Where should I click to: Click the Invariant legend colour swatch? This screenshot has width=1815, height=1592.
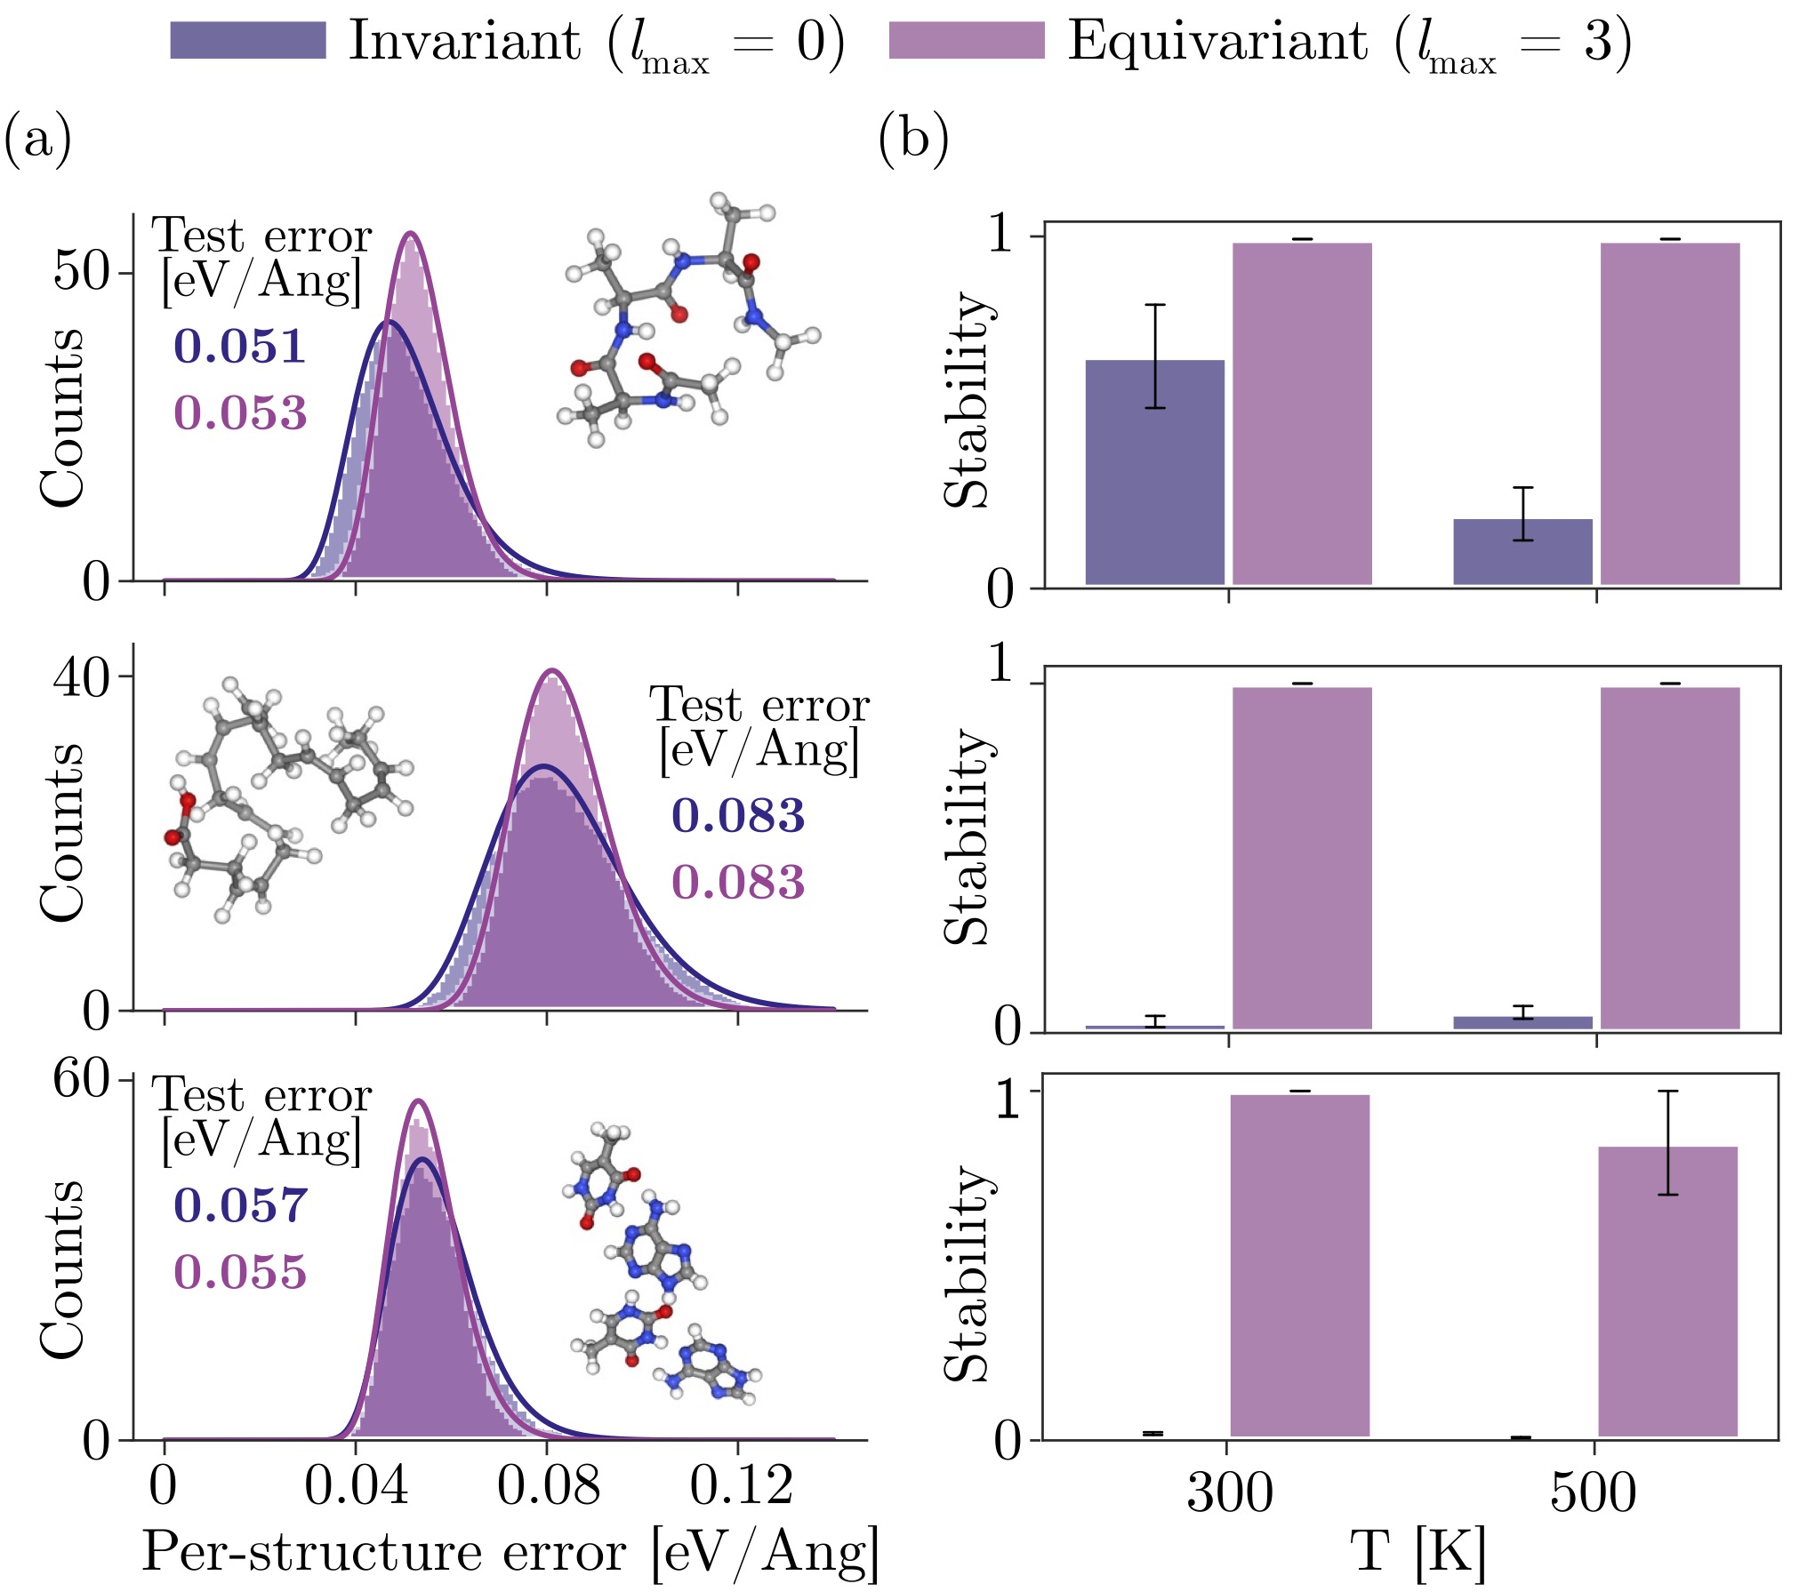click(x=248, y=41)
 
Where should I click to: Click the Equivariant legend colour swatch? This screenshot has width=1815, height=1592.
click(x=967, y=41)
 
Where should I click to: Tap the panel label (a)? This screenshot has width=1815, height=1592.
click(x=38, y=140)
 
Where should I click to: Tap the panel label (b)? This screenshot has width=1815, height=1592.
click(x=914, y=140)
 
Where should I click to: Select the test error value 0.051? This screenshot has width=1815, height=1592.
click(x=240, y=346)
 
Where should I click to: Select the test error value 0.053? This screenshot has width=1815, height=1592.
click(x=240, y=413)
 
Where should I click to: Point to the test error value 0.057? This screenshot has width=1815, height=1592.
click(x=240, y=1205)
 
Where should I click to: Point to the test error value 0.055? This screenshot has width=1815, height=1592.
click(x=240, y=1272)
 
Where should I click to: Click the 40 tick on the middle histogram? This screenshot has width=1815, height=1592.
click(x=82, y=676)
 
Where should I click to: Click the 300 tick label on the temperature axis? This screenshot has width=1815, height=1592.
click(x=1230, y=1493)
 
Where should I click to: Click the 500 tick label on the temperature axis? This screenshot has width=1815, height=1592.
click(x=1594, y=1493)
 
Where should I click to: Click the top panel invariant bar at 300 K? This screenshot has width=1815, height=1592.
click(x=1155, y=472)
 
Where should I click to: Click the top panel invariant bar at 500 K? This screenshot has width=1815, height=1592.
click(x=1523, y=552)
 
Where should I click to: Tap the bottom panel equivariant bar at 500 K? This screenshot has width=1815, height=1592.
click(x=1668, y=1292)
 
